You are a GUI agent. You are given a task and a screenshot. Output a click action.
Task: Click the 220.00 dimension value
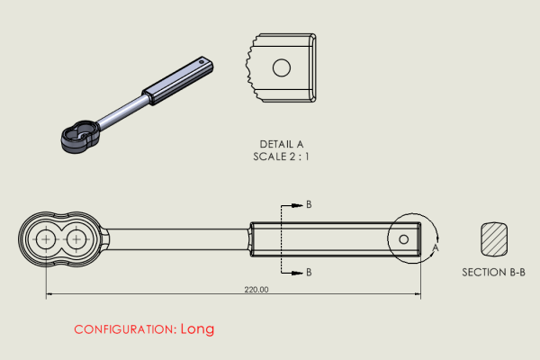pyautogui.click(x=256, y=290)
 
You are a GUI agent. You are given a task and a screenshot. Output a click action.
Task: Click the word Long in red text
pyautogui.click(x=197, y=328)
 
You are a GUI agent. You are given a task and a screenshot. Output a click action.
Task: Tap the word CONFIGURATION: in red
pyautogui.click(x=124, y=329)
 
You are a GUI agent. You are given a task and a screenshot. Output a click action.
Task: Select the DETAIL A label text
pyautogui.click(x=282, y=144)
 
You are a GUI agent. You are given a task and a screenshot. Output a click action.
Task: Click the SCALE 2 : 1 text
pyautogui.click(x=282, y=157)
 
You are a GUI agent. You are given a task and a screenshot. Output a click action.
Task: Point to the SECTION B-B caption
pyautogui.click(x=493, y=272)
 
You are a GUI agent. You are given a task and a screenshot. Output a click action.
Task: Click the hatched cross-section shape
pyautogui.click(x=494, y=238)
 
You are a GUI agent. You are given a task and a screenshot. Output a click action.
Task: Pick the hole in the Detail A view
pyautogui.click(x=281, y=67)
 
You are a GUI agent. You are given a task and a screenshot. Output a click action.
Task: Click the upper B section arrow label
pyautogui.click(x=309, y=205)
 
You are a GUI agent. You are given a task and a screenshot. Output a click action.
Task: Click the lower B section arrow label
pyautogui.click(x=309, y=271)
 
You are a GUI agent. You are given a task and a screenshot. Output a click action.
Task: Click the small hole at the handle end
pyautogui.click(x=404, y=238)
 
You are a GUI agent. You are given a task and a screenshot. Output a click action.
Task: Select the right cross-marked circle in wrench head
pyautogui.click(x=76, y=238)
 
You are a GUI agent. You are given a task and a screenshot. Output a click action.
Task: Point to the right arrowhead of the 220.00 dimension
pyautogui.click(x=417, y=293)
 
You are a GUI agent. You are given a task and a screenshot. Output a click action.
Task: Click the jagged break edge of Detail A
pyautogui.click(x=250, y=67)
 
